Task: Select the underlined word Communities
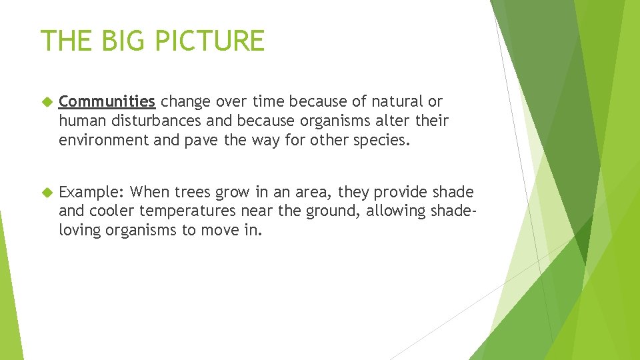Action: [107, 102]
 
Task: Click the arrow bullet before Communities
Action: [46, 102]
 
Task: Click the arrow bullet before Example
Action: [46, 193]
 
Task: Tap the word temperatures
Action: [193, 211]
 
